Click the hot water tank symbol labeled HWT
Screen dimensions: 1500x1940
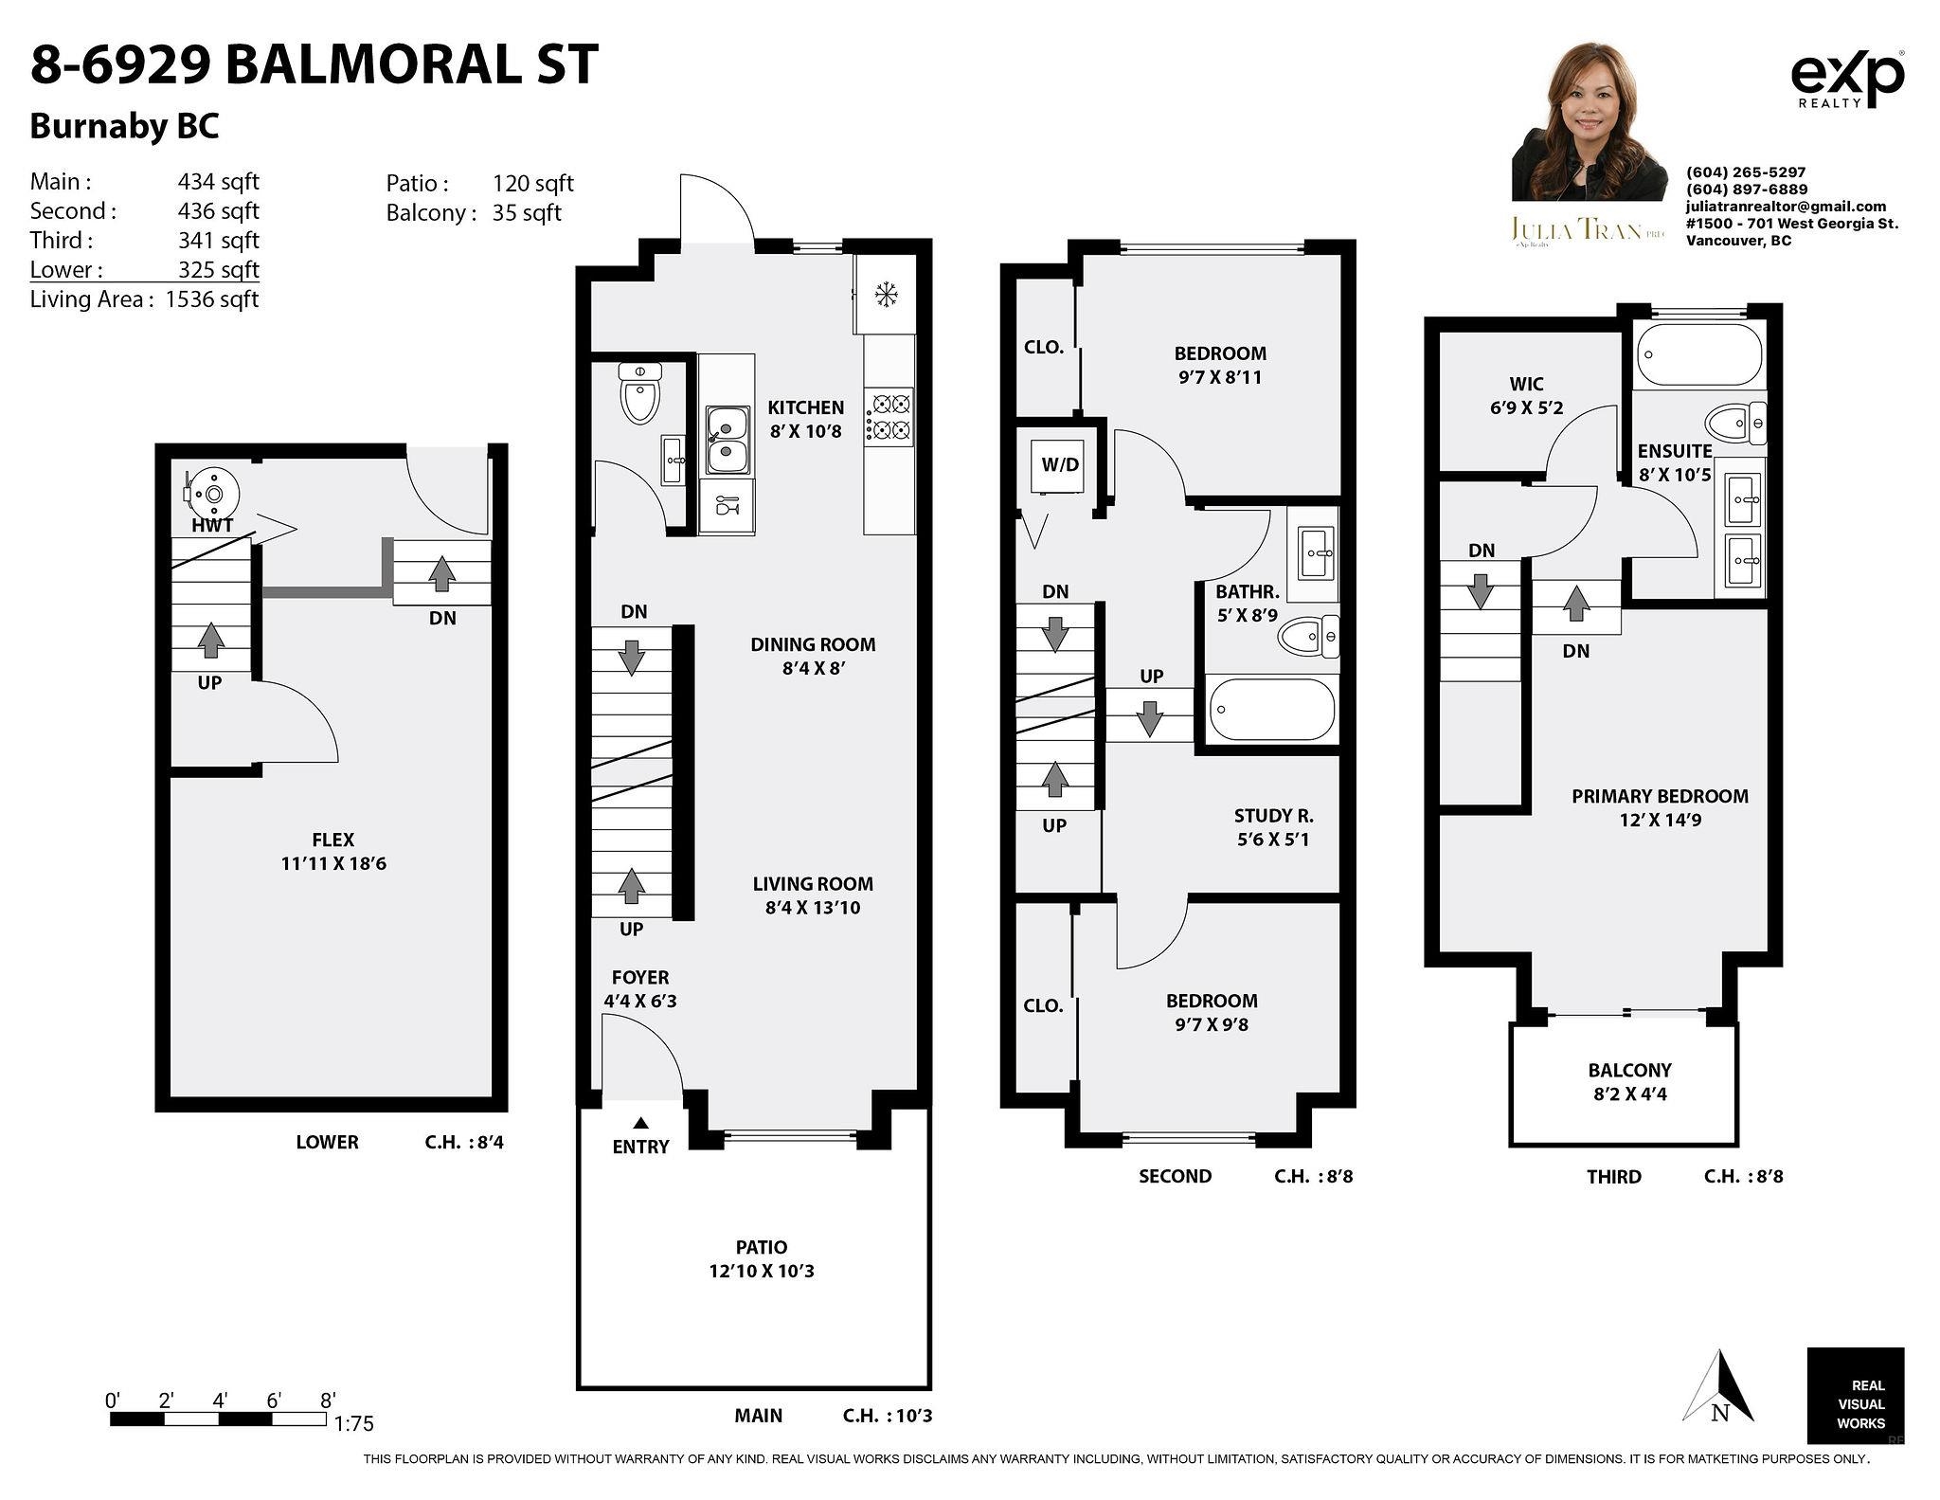pos(212,494)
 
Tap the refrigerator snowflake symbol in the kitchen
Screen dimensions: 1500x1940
pos(886,295)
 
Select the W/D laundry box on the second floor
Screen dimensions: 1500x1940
pos(1060,465)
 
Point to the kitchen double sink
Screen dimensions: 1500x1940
pos(727,441)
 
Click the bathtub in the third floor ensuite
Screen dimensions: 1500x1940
pos(1698,354)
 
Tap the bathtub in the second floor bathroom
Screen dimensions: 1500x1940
pos(1272,709)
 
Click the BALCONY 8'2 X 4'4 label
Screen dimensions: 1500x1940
pos(1629,1081)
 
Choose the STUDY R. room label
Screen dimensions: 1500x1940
pos(1272,826)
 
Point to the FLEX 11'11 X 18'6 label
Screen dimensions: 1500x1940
pos(332,851)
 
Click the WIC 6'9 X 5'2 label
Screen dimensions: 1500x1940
pos(1525,395)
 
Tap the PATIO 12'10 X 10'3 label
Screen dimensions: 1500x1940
pos(761,1258)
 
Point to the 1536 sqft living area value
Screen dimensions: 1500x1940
pos(211,299)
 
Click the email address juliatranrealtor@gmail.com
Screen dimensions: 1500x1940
pos(1785,207)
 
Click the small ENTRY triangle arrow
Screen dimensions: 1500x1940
pos(640,1123)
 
